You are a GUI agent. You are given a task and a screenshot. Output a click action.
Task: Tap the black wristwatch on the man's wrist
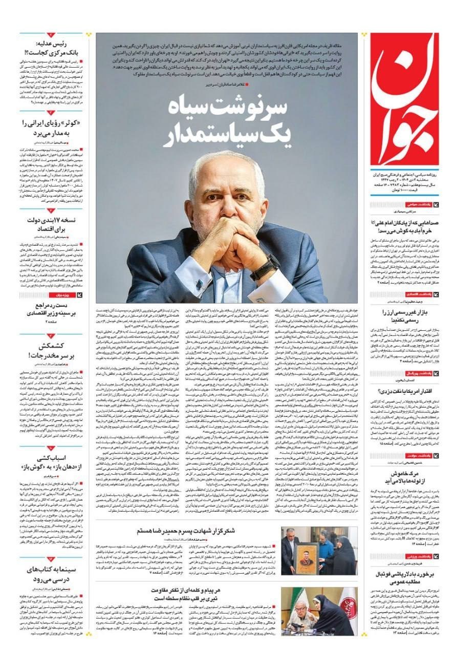point(265,266)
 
